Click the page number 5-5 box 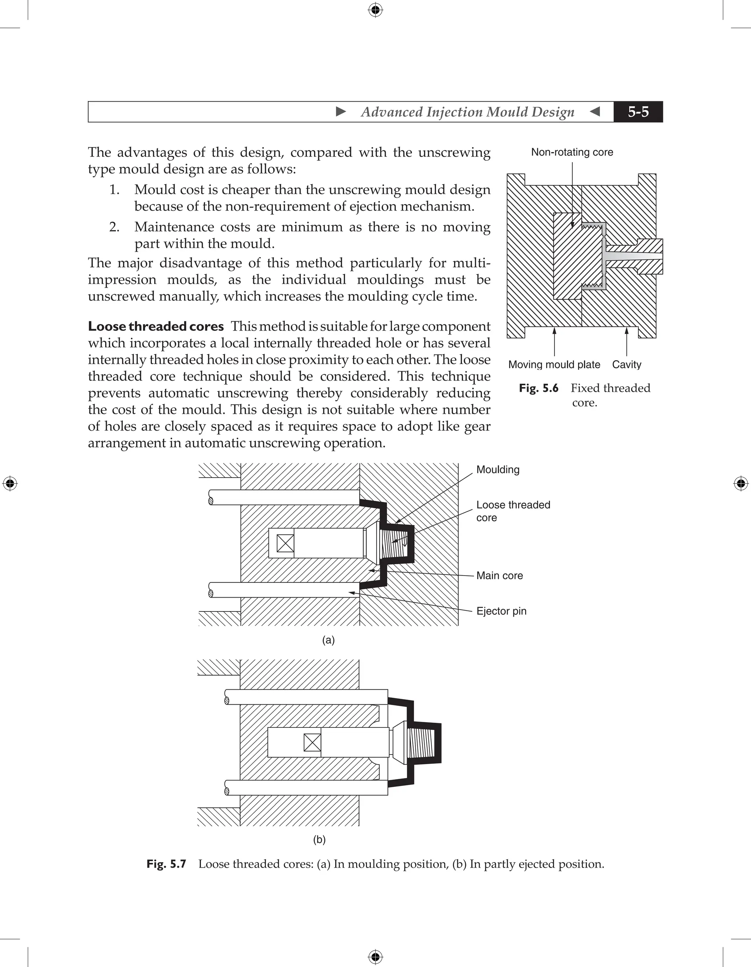(638, 112)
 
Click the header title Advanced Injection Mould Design (467, 112)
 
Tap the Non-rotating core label (572, 152)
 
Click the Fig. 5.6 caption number (539, 388)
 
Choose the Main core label (499, 576)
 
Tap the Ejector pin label (501, 611)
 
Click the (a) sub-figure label (328, 640)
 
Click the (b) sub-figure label (319, 839)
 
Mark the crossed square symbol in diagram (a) (285, 543)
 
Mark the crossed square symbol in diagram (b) (312, 742)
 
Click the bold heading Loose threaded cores (156, 326)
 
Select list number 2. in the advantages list (114, 227)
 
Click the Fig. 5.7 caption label (166, 864)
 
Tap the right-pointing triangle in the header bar (341, 112)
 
